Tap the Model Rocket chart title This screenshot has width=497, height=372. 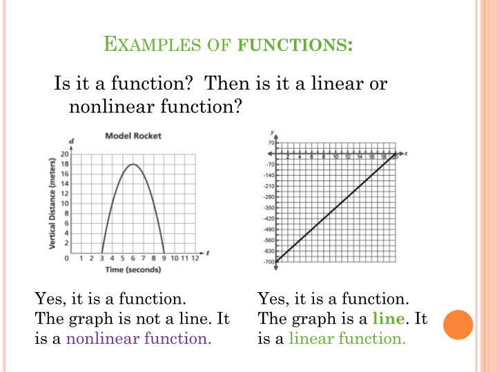coord(133,136)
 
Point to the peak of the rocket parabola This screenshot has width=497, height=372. coord(133,164)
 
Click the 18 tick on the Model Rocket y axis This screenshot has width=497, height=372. coord(66,164)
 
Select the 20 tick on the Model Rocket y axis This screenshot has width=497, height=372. coord(66,154)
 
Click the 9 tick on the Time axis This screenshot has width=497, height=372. coord(163,258)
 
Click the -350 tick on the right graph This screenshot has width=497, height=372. coord(269,207)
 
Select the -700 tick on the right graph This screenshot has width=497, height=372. coord(269,262)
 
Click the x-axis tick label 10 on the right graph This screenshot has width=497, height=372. coord(335,157)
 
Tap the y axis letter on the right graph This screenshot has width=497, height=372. coord(274,131)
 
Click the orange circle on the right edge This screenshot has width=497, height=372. coord(458,324)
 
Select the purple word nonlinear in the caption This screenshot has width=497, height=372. coord(101,339)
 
